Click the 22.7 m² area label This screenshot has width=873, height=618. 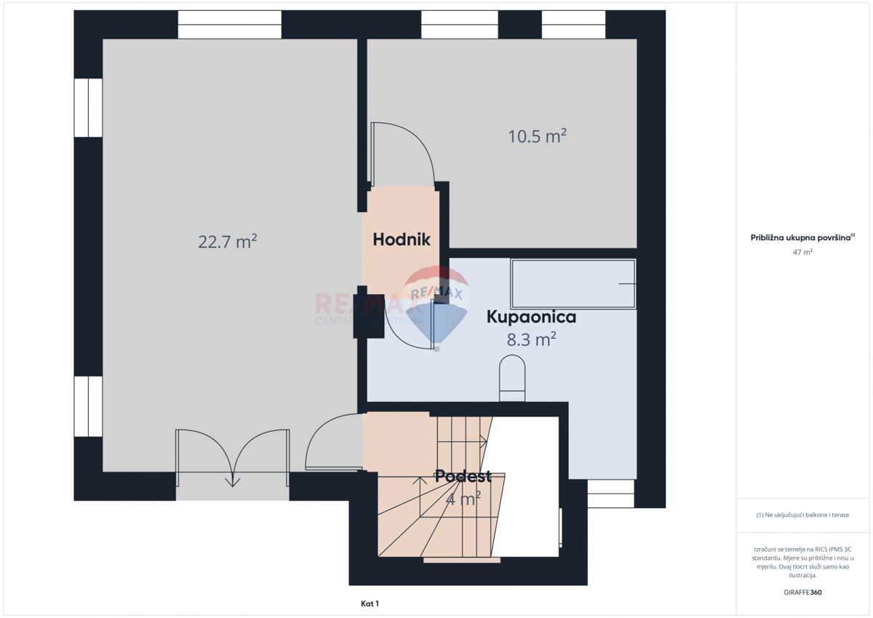(x=228, y=242)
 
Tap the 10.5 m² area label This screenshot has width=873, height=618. (x=537, y=136)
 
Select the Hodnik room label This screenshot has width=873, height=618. (x=402, y=239)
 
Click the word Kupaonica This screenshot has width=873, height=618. (x=531, y=317)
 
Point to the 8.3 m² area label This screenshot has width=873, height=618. (x=531, y=338)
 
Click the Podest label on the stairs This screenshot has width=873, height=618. (x=463, y=477)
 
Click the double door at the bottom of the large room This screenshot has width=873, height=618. (x=232, y=459)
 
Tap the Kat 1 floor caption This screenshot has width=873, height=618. (x=370, y=603)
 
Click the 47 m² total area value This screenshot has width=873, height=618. (x=802, y=252)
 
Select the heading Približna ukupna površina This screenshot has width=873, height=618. (x=802, y=237)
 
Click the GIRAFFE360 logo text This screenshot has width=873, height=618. (x=802, y=593)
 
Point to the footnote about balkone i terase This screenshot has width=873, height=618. (x=802, y=515)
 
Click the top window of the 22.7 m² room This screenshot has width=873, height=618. (x=229, y=25)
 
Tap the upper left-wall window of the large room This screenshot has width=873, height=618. (x=88, y=108)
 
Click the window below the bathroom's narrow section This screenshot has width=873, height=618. (x=610, y=494)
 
